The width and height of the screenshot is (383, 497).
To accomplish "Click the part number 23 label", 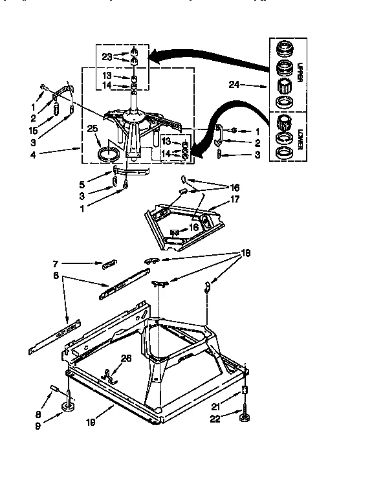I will point(107,56).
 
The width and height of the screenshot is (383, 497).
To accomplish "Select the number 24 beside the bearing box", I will point(235,84).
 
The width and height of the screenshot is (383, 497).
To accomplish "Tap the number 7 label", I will point(56,263).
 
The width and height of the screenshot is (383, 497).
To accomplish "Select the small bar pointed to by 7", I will point(109,264).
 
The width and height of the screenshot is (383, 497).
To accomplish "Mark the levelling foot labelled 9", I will point(67,407).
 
